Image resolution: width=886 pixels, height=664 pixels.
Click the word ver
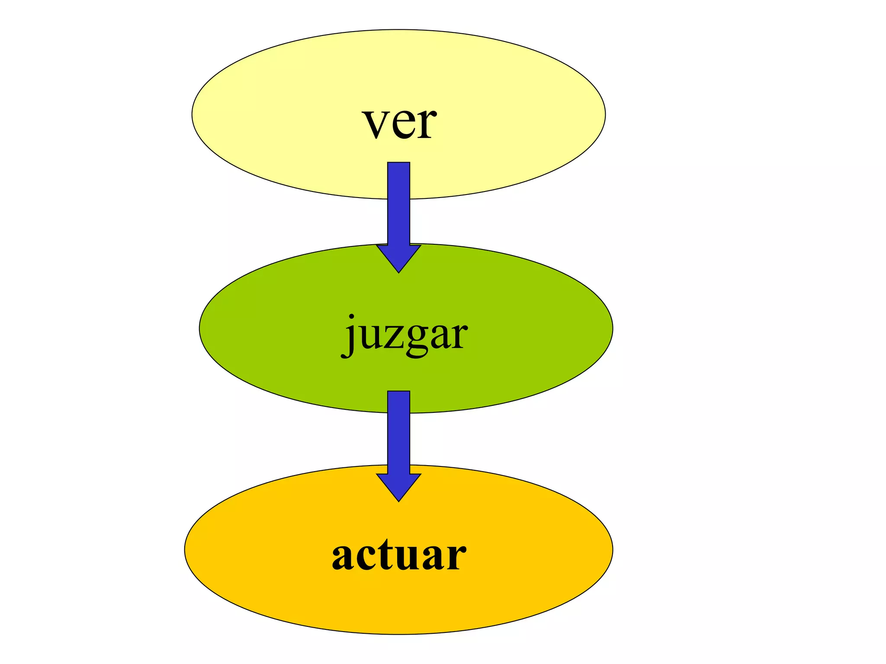[399, 123]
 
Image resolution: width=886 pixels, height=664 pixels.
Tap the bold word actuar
[399, 555]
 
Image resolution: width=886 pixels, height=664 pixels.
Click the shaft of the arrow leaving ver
[398, 203]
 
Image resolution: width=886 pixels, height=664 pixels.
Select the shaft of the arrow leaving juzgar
[398, 432]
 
